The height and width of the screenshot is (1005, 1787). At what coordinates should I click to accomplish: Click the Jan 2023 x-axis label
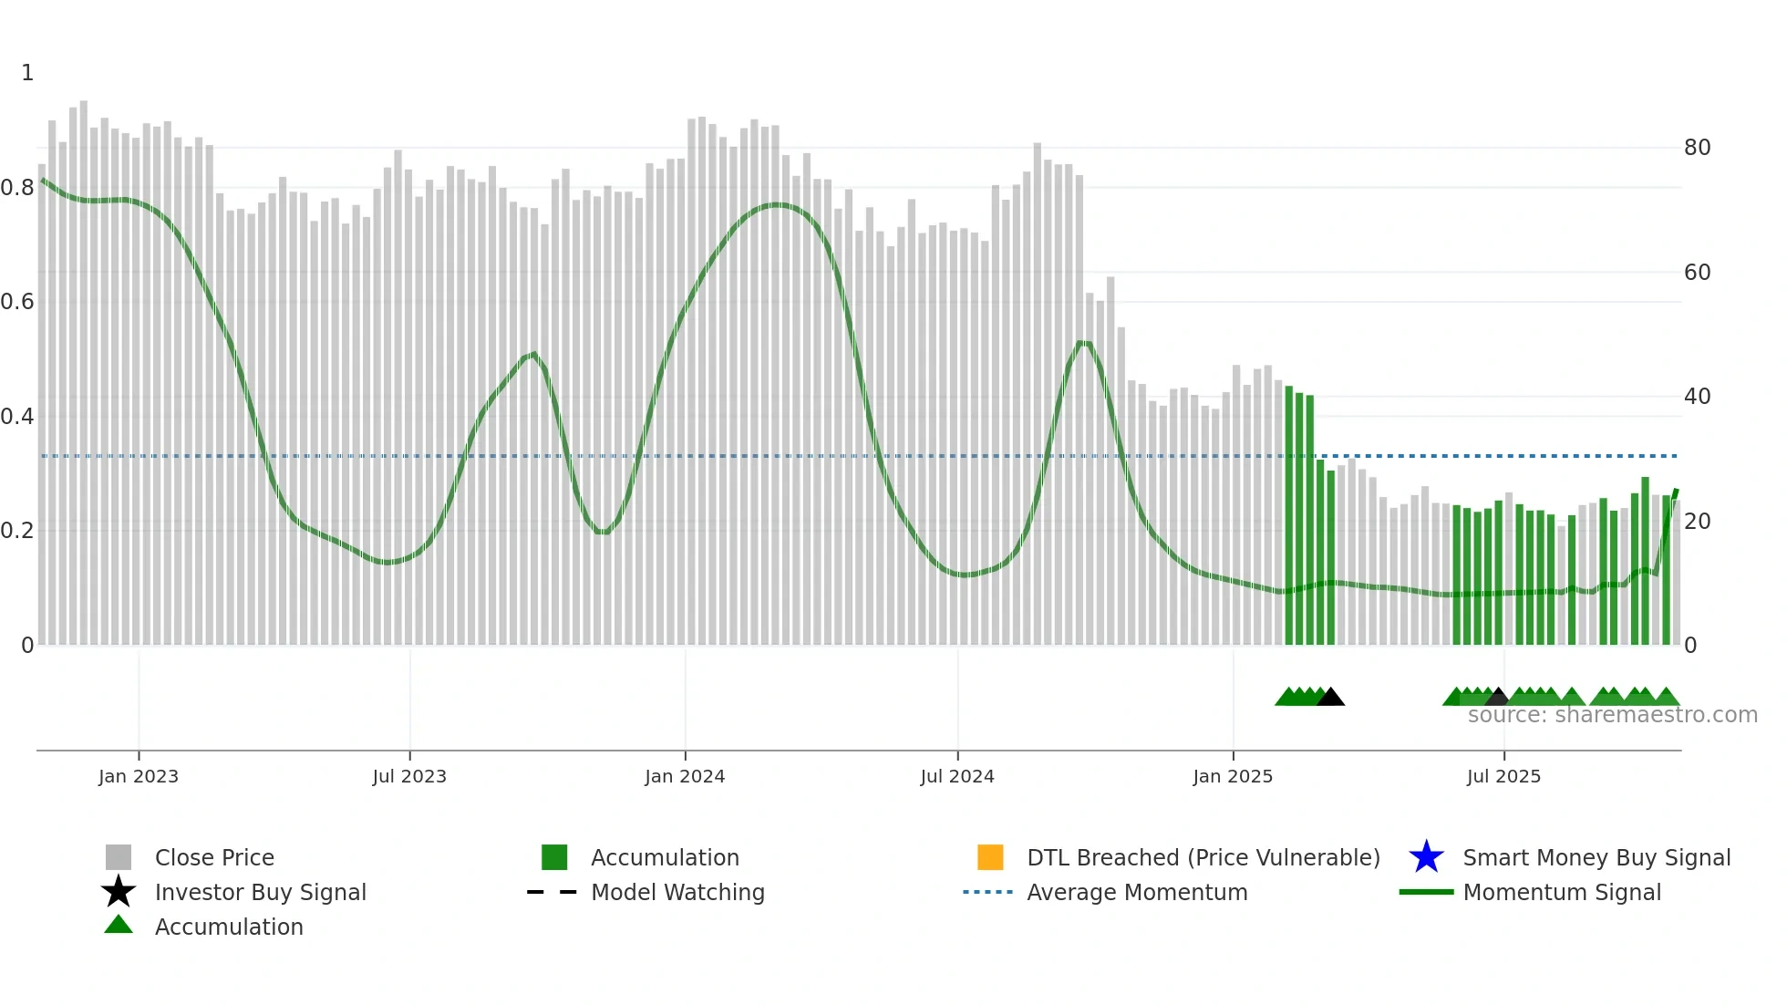coord(139,776)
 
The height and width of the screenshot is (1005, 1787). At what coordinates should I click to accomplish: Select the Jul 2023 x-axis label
coord(409,776)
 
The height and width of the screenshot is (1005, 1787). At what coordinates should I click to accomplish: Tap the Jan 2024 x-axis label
coord(685,776)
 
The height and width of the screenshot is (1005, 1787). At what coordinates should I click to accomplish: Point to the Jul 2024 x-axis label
coord(957,776)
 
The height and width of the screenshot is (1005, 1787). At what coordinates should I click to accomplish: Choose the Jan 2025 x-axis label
coord(1233,776)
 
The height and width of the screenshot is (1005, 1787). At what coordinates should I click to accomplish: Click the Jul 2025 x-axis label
coord(1503,776)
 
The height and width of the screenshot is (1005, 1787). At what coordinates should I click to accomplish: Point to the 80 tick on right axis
coord(1697,148)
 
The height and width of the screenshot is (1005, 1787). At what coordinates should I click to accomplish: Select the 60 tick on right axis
coord(1697,273)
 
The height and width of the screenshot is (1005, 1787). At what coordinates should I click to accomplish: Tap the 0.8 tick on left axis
coord(17,188)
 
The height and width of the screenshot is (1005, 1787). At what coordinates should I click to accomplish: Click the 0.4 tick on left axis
coord(17,417)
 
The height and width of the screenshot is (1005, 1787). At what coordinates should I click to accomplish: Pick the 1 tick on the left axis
coord(27,73)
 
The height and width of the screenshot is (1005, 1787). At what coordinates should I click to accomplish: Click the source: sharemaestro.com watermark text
coord(1612,715)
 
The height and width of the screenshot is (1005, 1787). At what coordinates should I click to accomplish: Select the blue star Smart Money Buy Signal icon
coord(1426,857)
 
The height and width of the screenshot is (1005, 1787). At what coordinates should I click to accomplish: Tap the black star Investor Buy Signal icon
coord(119,892)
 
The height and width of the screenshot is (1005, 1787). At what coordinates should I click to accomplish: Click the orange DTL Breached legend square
coord(990,857)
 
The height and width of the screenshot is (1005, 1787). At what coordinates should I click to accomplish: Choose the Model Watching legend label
coord(677,892)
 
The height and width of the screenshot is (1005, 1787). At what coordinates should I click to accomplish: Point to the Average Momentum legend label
coord(1137,892)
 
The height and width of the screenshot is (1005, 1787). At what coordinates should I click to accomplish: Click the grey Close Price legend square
coord(119,857)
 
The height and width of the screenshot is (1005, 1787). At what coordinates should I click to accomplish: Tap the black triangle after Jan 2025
coord(1330,698)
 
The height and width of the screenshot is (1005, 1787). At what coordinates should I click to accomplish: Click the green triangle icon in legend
coord(119,925)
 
